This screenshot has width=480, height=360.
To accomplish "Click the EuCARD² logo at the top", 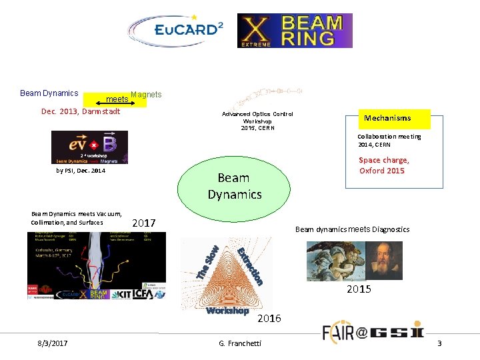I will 176,31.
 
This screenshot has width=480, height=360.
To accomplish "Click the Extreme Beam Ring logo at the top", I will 295,31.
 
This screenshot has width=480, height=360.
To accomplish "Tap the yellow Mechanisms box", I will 395,119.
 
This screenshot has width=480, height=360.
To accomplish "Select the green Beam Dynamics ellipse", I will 233,186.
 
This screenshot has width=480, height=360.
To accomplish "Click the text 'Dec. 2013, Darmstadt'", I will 81,111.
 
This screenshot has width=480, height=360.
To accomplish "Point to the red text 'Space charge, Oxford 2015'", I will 383,165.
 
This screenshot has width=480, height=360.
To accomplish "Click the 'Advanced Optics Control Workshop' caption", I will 257,121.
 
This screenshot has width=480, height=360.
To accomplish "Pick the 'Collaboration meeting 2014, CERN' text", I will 389,140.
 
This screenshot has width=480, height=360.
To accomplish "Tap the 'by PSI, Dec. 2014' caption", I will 81,171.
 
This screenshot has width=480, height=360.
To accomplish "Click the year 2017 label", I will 144,222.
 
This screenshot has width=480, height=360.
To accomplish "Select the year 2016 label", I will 269,319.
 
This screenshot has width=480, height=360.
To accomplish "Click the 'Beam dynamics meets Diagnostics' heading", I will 352,229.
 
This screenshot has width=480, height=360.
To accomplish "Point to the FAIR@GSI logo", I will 373,331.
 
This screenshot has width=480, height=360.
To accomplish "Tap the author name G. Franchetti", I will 240,343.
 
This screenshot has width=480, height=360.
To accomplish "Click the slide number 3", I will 439,343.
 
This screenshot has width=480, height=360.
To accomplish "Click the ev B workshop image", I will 89,147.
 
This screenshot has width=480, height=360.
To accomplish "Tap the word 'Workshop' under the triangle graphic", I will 227,311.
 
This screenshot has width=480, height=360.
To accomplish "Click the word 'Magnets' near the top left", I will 146,95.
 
